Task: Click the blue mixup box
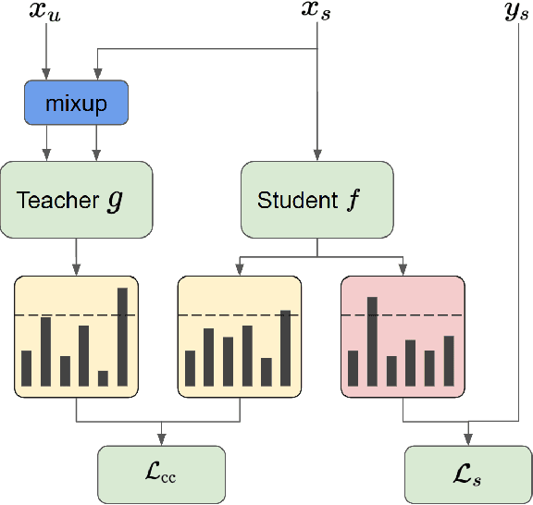tap(76, 103)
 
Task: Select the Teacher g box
tap(76, 199)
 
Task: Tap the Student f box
tap(316, 199)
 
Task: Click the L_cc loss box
tap(162, 474)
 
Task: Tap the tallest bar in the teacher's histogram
tap(122, 337)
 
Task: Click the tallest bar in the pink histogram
tap(372, 340)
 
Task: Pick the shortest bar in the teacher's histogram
tap(103, 377)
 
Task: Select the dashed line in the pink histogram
tap(403, 315)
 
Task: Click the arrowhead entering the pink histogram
tap(403, 270)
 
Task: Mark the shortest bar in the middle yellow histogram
tap(266, 371)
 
